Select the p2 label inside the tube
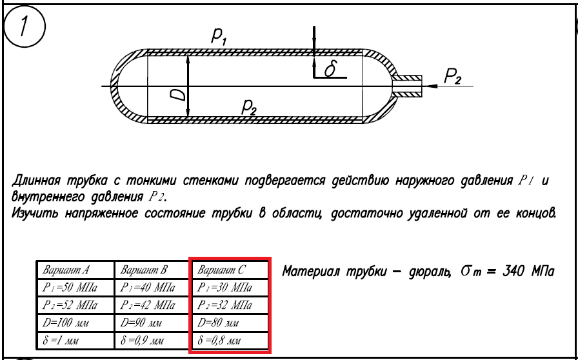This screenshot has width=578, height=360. (x=248, y=108)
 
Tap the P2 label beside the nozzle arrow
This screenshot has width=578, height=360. (x=453, y=77)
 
